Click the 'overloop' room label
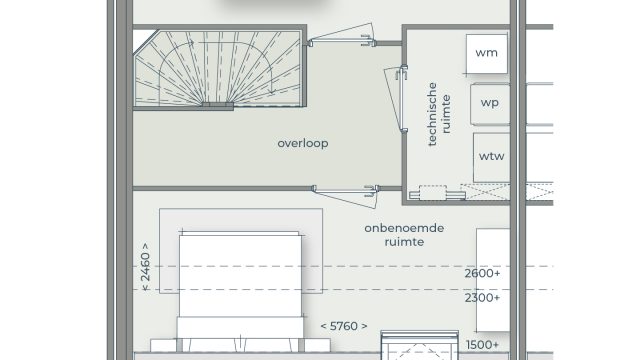[x=302, y=143]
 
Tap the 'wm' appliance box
[x=487, y=54]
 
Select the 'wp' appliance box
[x=490, y=104]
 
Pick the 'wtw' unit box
[x=491, y=157]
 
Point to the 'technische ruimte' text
[x=439, y=114]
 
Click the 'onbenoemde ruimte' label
[x=404, y=235]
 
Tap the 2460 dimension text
[x=145, y=267]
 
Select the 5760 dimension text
[x=344, y=326]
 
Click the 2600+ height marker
[x=482, y=273]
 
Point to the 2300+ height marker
[x=482, y=298]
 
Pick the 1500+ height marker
[x=482, y=345]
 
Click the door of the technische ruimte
[x=396, y=99]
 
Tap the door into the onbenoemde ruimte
[x=345, y=195]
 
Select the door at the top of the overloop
[x=341, y=36]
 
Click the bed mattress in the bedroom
[x=240, y=276]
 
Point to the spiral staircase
[x=220, y=68]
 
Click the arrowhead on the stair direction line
[x=272, y=92]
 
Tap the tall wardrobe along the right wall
[x=493, y=280]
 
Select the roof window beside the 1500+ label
[x=420, y=345]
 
